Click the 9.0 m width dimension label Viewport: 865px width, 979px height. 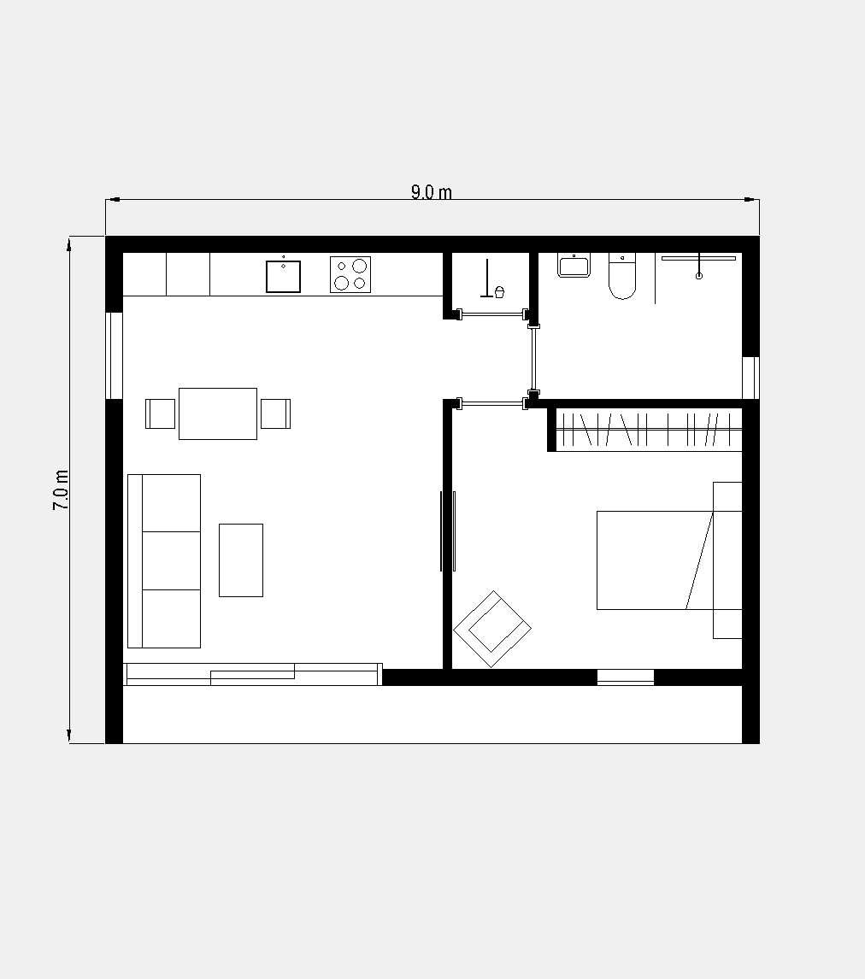click(431, 191)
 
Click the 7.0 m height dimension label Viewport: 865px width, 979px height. click(61, 490)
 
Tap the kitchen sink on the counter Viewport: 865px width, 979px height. click(283, 276)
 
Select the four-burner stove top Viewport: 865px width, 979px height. click(350, 275)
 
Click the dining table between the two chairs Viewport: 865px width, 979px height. click(218, 414)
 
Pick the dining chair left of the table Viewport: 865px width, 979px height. click(161, 414)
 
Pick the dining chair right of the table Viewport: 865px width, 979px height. click(275, 413)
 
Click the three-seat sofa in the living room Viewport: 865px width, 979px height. click(164, 560)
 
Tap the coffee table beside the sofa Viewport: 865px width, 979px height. click(241, 560)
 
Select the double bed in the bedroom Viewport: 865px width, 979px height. click(669, 560)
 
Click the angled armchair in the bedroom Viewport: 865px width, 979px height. click(492, 629)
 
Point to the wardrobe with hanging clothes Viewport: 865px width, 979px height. click(648, 430)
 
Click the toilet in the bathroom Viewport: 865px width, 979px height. click(622, 276)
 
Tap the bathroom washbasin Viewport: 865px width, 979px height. click(574, 266)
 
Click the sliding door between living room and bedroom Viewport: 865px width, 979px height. click(448, 531)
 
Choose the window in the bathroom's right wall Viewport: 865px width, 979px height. click(750, 378)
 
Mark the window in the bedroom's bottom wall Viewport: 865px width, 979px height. click(625, 677)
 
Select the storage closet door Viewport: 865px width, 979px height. click(492, 314)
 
